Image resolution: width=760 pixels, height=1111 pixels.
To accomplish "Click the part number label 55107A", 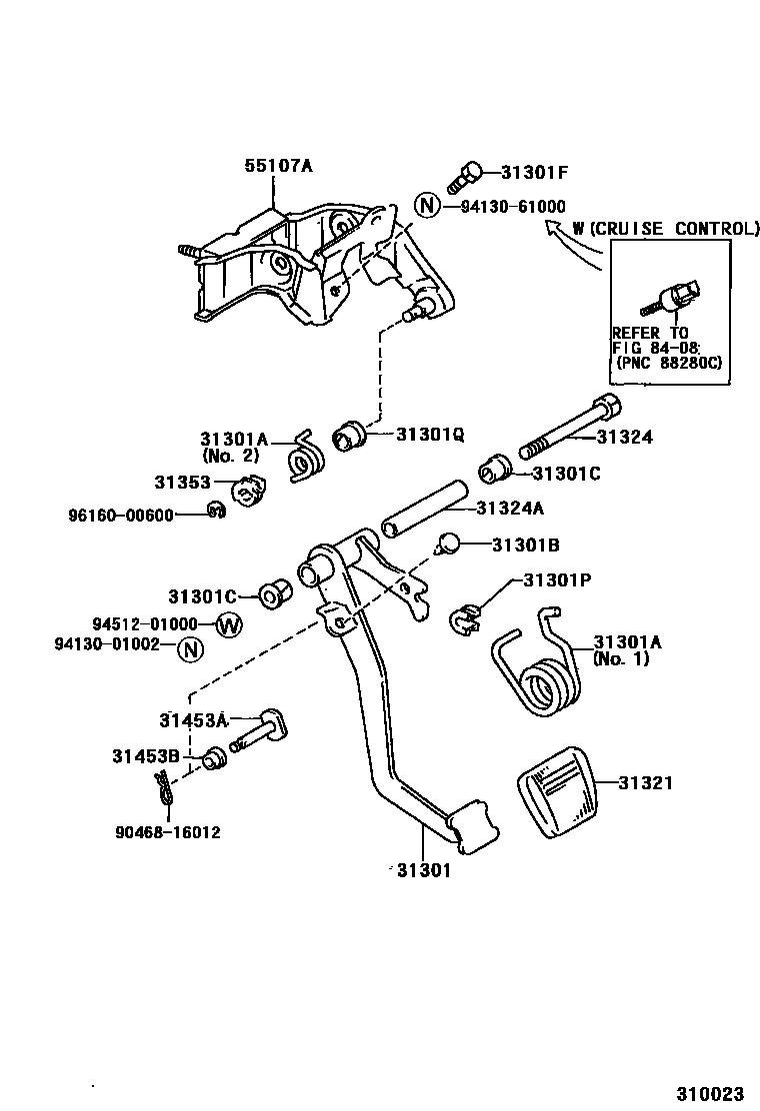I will coord(279,166).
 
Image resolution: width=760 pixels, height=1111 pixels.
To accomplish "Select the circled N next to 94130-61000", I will coord(427,206).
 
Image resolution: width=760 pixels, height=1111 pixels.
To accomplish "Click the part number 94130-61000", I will coord(513,206).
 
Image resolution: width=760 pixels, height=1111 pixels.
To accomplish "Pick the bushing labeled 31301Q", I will coord(349,436).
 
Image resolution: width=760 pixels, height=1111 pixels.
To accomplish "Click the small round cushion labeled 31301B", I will coord(449,544).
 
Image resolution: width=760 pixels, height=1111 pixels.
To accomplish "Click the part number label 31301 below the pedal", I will coord(423,869).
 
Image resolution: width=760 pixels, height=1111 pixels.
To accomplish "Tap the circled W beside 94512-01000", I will coord(229,625).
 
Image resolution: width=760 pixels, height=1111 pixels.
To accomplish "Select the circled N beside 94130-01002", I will coord(189,649).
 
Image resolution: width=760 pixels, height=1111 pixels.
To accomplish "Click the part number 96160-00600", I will coord(120,515).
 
